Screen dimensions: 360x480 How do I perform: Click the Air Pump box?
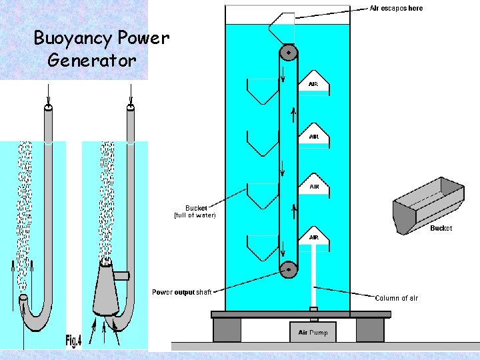click(313, 331)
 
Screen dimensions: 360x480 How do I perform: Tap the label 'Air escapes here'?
click(396, 8)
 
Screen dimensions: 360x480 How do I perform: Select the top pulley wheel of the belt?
click(288, 53)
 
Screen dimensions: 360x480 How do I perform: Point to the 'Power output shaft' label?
click(181, 292)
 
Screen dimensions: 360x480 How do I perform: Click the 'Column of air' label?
click(396, 298)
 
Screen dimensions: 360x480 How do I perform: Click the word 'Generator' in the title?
click(92, 60)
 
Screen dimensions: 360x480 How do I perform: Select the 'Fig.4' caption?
click(73, 341)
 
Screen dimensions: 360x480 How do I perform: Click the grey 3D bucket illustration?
click(428, 205)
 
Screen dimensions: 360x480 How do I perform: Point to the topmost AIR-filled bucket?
click(313, 83)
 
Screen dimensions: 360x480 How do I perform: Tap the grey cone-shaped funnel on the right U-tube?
click(106, 287)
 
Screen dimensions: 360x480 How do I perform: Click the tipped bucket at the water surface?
click(280, 28)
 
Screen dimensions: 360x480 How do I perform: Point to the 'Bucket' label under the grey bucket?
click(441, 228)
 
